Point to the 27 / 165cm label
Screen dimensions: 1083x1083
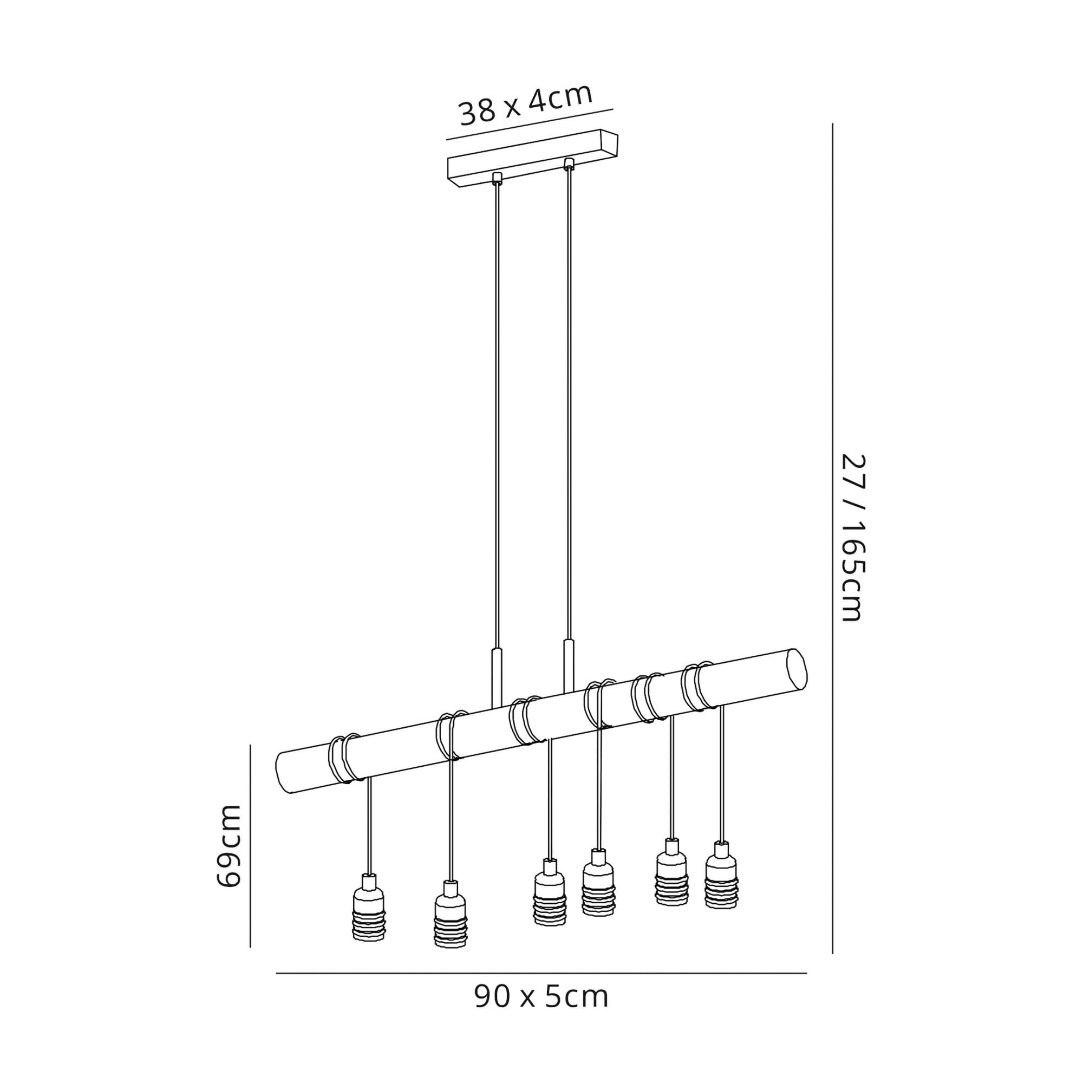point(854,538)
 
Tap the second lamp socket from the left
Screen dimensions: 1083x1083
point(450,914)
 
